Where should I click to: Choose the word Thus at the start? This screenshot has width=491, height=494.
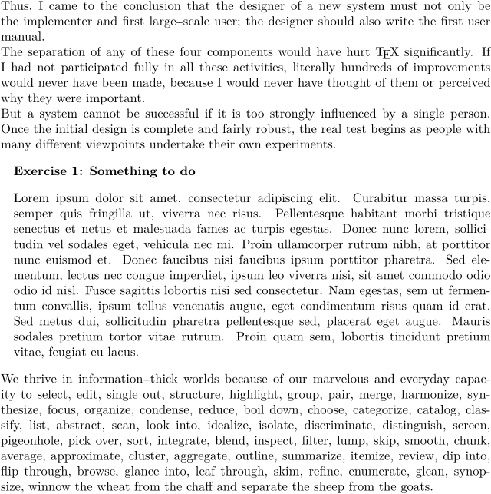point(14,5)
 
